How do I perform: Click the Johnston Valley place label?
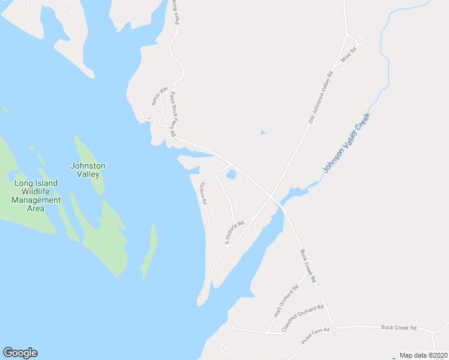[x=88, y=170]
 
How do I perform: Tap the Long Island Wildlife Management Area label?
[x=36, y=196]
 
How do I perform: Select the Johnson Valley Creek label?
[x=347, y=143]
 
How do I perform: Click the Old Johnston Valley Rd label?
[x=321, y=98]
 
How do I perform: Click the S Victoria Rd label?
[x=235, y=232]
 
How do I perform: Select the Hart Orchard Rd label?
[x=286, y=301]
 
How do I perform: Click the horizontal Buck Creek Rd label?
[x=399, y=328]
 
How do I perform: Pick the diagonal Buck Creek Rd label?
[x=308, y=266]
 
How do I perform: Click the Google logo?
[x=20, y=353]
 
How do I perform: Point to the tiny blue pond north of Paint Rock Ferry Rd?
[x=262, y=132]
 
